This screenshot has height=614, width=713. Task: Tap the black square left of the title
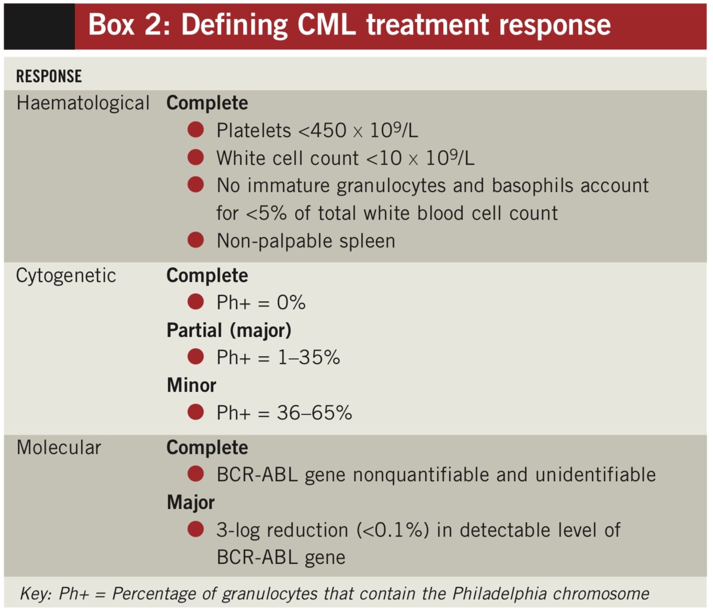pyautogui.click(x=39, y=27)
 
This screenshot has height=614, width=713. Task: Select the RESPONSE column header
pyautogui.click(x=49, y=76)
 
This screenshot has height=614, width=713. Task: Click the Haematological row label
pyautogui.click(x=83, y=103)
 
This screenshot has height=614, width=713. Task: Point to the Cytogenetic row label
pyautogui.click(x=66, y=276)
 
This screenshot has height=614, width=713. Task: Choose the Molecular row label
pyautogui.click(x=59, y=448)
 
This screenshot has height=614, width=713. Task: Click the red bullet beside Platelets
pyautogui.click(x=195, y=130)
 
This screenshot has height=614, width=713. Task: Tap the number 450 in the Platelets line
pyautogui.click(x=328, y=130)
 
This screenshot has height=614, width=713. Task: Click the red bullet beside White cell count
pyautogui.click(x=195, y=157)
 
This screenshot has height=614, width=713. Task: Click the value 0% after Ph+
pyautogui.click(x=291, y=303)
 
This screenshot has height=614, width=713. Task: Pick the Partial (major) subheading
pyautogui.click(x=229, y=331)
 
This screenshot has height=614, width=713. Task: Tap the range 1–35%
pyautogui.click(x=308, y=358)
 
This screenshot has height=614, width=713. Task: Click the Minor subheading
pyautogui.click(x=191, y=385)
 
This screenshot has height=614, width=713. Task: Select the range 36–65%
pyautogui.click(x=314, y=413)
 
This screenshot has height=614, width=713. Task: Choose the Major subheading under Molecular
pyautogui.click(x=191, y=503)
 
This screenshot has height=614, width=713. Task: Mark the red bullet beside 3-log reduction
pyautogui.click(x=195, y=529)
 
